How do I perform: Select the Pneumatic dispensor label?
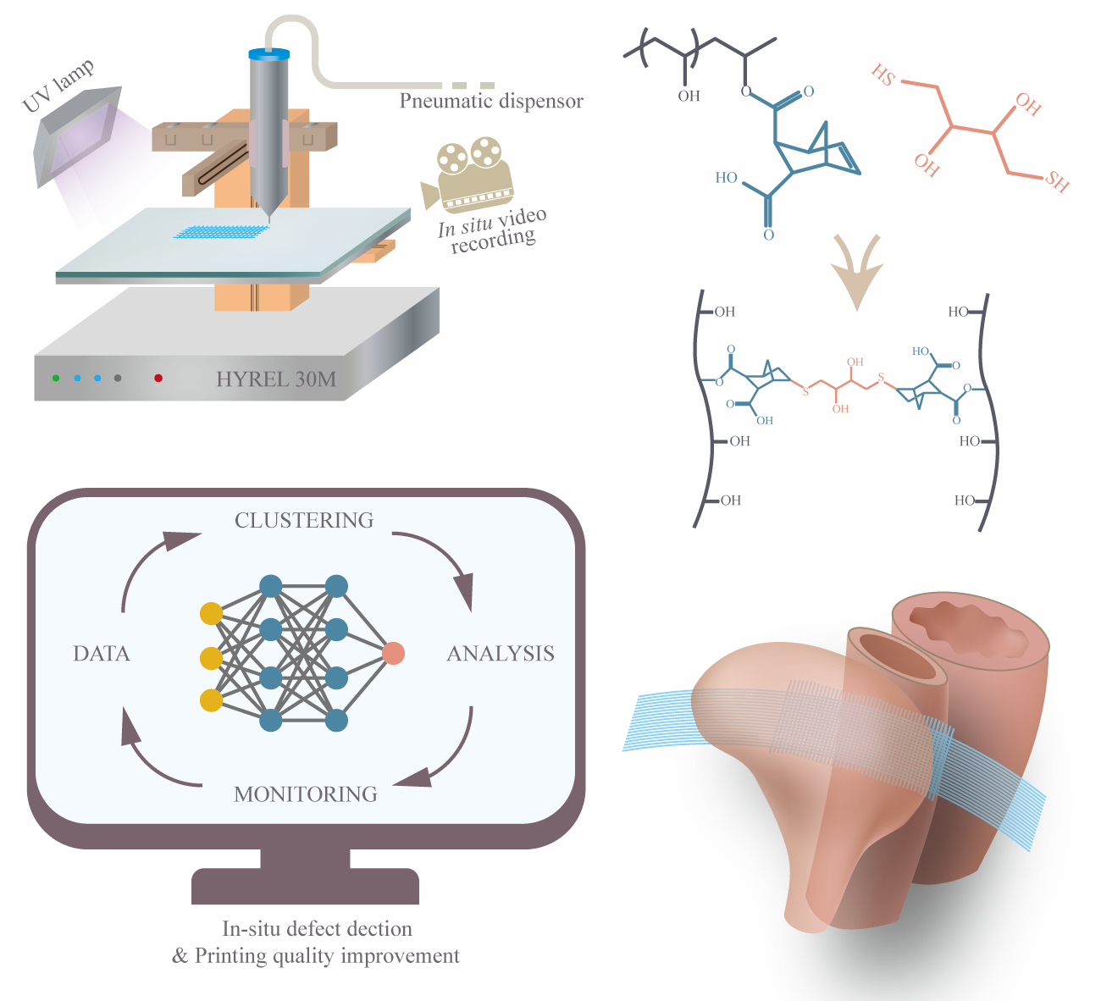[491, 102]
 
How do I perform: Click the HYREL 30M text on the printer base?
[276, 379]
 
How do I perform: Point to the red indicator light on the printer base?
[158, 379]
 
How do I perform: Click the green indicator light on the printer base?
[56, 379]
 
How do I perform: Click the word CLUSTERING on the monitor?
[304, 520]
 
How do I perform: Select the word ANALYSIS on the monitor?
[501, 654]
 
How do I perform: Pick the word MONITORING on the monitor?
[306, 794]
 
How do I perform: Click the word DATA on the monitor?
[102, 654]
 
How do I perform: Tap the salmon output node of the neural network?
[393, 653]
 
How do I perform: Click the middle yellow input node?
[211, 657]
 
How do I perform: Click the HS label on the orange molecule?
[883, 76]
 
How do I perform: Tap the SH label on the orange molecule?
[1056, 181]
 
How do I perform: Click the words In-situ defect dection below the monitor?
[317, 929]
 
